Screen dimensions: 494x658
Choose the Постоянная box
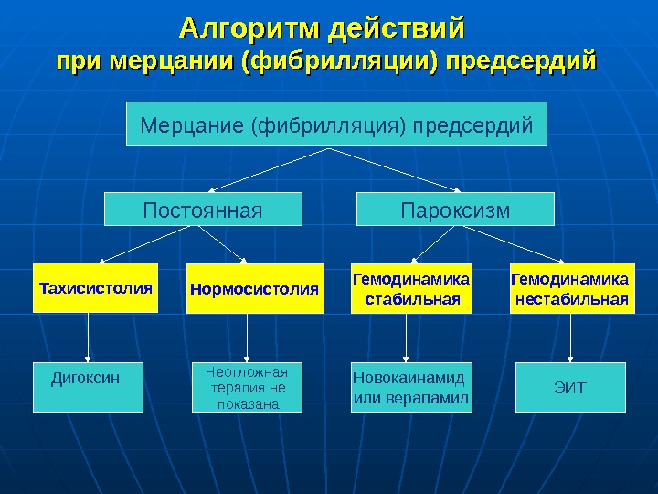pyautogui.click(x=203, y=209)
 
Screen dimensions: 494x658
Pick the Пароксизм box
pyautogui.click(x=455, y=209)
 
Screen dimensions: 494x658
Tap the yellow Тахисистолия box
pyautogui.click(x=95, y=288)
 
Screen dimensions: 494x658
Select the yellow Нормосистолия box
pyautogui.click(x=255, y=289)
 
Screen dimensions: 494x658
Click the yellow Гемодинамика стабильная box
pyautogui.click(x=411, y=288)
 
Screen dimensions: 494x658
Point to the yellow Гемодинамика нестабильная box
pyautogui.click(x=571, y=288)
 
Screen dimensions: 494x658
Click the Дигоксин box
pyautogui.click(x=89, y=387)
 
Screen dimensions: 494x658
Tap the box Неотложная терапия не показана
pyautogui.click(x=246, y=387)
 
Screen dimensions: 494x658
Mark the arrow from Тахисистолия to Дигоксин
pyautogui.click(x=89, y=337)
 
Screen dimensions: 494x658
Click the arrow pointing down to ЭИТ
pyautogui.click(x=571, y=337)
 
